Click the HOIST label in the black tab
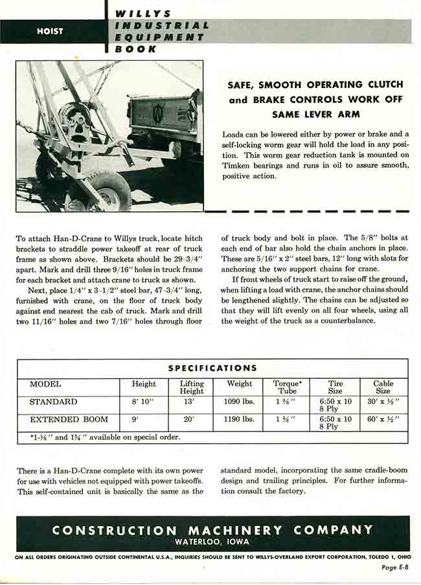[50, 31]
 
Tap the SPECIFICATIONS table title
[212, 368]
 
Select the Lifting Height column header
[192, 387]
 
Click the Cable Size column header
[383, 387]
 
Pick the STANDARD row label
[53, 402]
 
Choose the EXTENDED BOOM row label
[68, 420]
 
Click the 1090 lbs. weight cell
[240, 402]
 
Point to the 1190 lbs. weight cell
[240, 420]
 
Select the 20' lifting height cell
[192, 420]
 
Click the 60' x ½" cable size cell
[383, 420]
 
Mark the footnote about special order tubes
[105, 437]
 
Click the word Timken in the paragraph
[240, 165]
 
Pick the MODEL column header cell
[45, 384]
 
